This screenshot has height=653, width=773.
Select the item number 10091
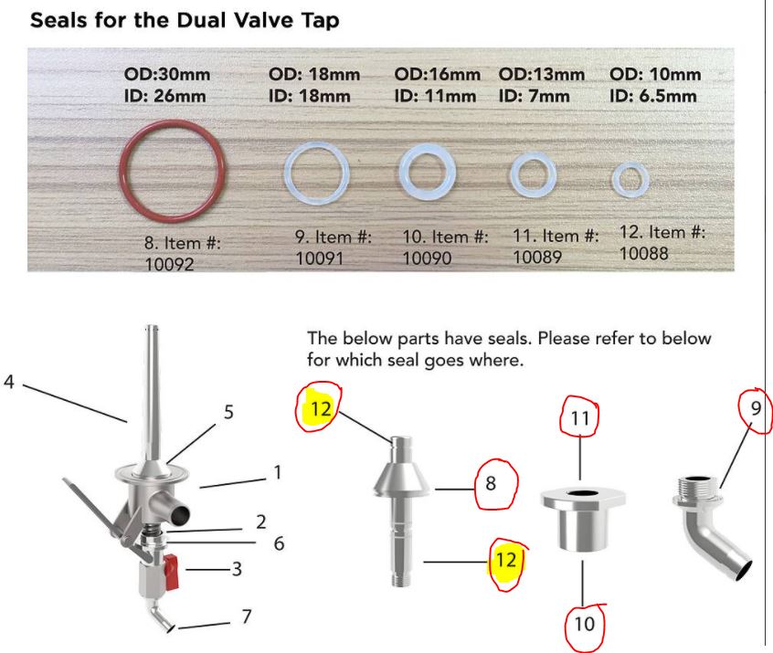coord(320,258)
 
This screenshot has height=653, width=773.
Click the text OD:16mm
coord(438,74)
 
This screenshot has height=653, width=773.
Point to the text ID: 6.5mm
coord(653,96)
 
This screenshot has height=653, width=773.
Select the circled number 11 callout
coord(579,418)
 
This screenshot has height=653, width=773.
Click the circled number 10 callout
coord(585,625)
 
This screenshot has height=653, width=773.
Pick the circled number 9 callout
coord(757,408)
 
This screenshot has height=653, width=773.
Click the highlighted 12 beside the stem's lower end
coord(506,561)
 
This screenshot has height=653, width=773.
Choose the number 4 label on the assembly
coord(9,382)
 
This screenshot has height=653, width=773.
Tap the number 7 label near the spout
coord(247,616)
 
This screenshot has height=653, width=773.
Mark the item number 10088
coord(644,253)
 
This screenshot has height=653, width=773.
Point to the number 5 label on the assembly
coord(228,412)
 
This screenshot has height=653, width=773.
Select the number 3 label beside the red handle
coord(238,569)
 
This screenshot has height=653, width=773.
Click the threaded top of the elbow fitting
coord(696,486)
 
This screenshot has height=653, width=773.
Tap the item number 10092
coord(169,265)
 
